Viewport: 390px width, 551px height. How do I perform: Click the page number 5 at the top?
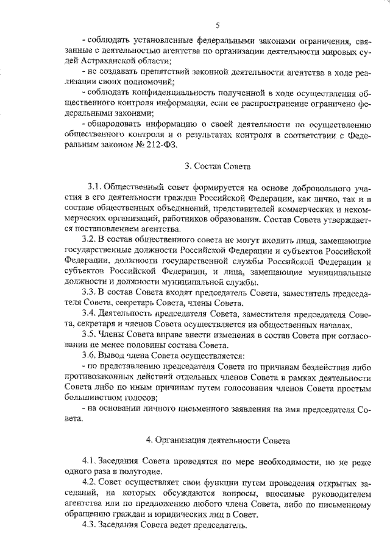217,25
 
